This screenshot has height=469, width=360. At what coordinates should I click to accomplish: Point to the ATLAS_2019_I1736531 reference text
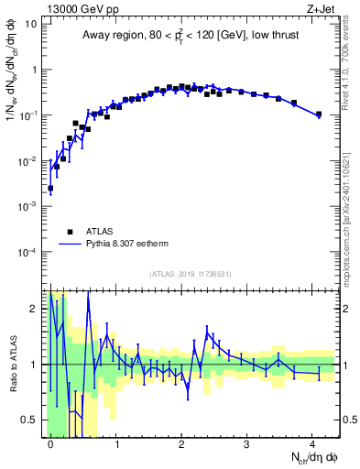click(191, 274)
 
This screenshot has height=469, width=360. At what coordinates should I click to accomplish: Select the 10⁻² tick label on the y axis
click(28, 161)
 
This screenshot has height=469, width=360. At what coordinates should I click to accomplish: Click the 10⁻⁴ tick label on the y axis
click(28, 252)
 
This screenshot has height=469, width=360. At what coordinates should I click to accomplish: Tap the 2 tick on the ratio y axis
click(36, 309)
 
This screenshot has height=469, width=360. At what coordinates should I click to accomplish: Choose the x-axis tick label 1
click(115, 442)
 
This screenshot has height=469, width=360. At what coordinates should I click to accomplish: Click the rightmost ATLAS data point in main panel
click(318, 115)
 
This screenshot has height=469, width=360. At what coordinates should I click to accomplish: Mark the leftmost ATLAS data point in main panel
click(50, 188)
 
